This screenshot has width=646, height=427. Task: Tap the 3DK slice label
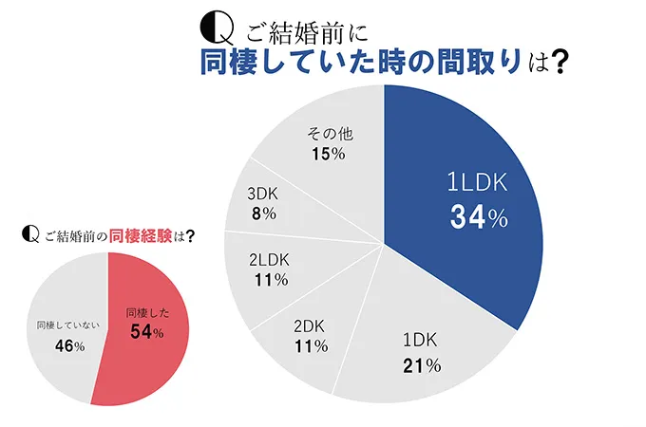[x=261, y=193]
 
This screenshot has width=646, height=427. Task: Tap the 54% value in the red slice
[x=145, y=331]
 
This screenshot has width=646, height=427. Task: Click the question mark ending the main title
[x=560, y=63]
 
